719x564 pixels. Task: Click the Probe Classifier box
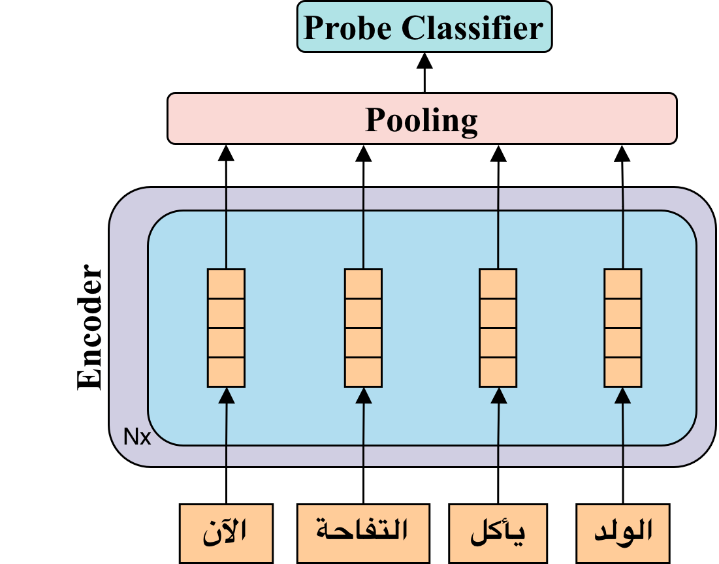pos(424,27)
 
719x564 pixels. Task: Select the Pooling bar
pos(422,119)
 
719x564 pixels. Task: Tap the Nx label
pos(137,437)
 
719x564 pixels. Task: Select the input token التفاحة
pos(363,533)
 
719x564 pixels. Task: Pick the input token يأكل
pos(498,533)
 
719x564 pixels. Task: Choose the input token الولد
pos(623,533)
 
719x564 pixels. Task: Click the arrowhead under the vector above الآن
pos(227,395)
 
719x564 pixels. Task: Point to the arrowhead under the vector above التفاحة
pos(364,395)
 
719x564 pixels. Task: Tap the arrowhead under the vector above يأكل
pos(498,395)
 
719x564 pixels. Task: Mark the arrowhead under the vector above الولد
pos(622,395)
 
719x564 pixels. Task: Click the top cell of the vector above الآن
pos(226,284)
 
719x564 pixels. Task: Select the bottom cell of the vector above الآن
pos(226,371)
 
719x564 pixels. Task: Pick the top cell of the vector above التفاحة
pos(363,284)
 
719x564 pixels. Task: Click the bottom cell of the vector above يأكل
pos(498,371)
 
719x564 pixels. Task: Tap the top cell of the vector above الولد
pos(622,284)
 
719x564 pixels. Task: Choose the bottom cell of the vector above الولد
pos(622,371)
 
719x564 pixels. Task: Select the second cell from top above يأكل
pos(498,313)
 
